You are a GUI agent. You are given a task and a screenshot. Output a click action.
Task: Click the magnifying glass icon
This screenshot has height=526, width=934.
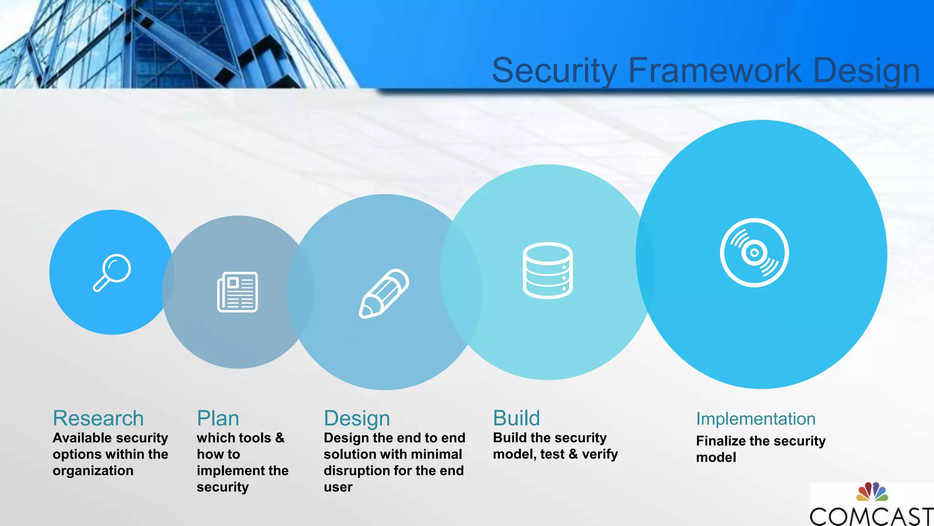[112, 273]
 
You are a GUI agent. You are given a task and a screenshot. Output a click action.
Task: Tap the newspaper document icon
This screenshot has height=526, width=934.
[238, 292]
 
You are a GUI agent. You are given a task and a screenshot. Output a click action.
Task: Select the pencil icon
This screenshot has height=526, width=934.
[384, 294]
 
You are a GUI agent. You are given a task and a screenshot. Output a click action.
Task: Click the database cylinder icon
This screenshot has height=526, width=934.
[547, 270]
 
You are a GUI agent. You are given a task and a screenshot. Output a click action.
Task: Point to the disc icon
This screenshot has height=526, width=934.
[754, 252]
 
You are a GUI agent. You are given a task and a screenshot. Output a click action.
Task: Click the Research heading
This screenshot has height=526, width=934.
[98, 418]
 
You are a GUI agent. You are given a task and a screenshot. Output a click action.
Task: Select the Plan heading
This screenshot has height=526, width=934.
[218, 418]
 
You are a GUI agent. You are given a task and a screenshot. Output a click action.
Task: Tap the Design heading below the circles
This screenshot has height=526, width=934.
[357, 419]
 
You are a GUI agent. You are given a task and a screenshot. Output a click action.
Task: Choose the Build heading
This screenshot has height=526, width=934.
[516, 418]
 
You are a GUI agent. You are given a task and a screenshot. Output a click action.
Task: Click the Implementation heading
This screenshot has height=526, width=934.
[756, 419]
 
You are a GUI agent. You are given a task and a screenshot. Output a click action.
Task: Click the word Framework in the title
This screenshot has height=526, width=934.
[715, 70]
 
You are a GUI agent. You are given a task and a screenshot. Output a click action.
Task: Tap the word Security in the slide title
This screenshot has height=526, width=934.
[555, 71]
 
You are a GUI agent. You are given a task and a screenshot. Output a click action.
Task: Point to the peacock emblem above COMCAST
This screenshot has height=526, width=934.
[872, 492]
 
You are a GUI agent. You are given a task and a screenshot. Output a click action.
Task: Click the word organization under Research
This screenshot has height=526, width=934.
[93, 471]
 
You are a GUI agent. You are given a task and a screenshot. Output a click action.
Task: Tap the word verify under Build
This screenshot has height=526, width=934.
[600, 454]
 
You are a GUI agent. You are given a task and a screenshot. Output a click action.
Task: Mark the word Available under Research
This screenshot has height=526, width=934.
[82, 438]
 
